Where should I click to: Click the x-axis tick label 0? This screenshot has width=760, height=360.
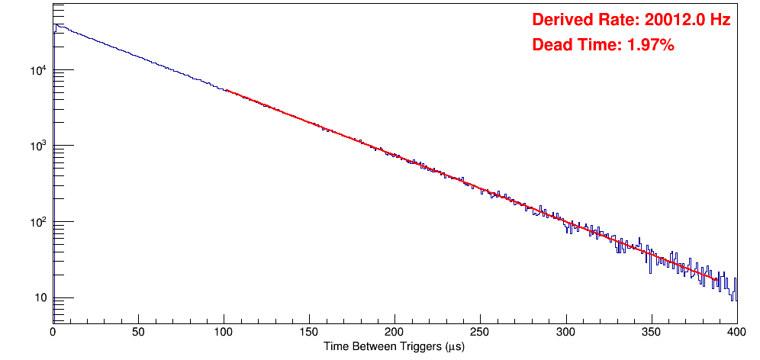click(52, 332)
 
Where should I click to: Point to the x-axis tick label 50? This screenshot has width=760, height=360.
click(138, 332)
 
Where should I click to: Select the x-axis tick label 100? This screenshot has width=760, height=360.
click(224, 332)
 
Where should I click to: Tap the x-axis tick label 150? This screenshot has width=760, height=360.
click(309, 332)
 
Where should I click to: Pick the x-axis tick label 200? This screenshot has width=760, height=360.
click(394, 332)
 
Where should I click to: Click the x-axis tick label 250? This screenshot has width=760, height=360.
click(480, 332)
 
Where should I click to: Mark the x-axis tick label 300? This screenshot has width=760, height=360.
click(566, 332)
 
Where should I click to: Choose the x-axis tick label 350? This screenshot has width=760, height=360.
click(652, 332)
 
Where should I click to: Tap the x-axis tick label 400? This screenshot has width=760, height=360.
click(736, 332)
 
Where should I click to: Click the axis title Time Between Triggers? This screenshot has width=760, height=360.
click(394, 347)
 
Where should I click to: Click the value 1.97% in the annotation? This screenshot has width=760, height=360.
click(650, 46)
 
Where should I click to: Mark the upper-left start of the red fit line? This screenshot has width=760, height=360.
click(227, 90)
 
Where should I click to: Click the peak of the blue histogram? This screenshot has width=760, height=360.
click(54, 24)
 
